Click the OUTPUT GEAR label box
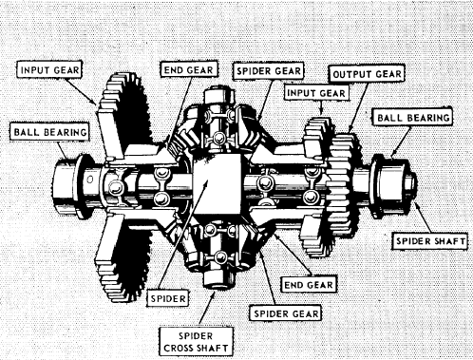pos(367,75)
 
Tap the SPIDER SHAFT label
pos(430,241)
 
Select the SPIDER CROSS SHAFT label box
pos(196,342)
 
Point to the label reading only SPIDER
pos(168,298)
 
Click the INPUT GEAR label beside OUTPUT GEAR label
pos(316,93)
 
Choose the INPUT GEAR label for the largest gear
pos(49,70)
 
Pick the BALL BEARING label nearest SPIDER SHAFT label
pos(413,118)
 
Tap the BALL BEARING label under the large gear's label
pos(50,132)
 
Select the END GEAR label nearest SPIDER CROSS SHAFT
pos(309,285)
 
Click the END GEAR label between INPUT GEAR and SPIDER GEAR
pos(189,69)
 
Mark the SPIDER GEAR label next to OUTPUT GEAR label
pos(269,70)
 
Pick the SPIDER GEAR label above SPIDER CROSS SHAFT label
pos(286,313)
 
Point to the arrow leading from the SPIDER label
pos(183,236)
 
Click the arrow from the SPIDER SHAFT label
pos(423,217)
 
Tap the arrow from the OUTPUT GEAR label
pos(358,108)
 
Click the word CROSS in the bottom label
pos(179,348)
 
